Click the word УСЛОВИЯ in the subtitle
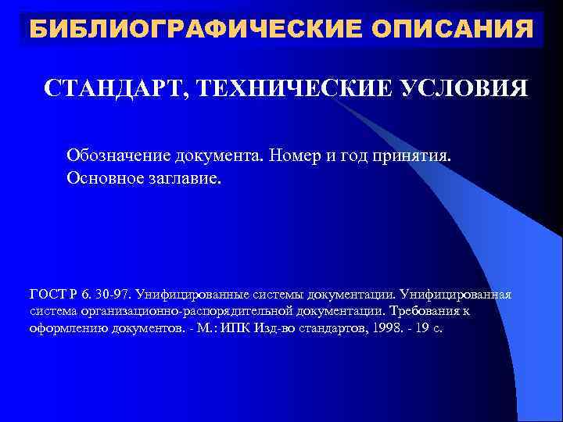pos(464,88)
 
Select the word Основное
pos(102,178)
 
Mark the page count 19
pos(423,328)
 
